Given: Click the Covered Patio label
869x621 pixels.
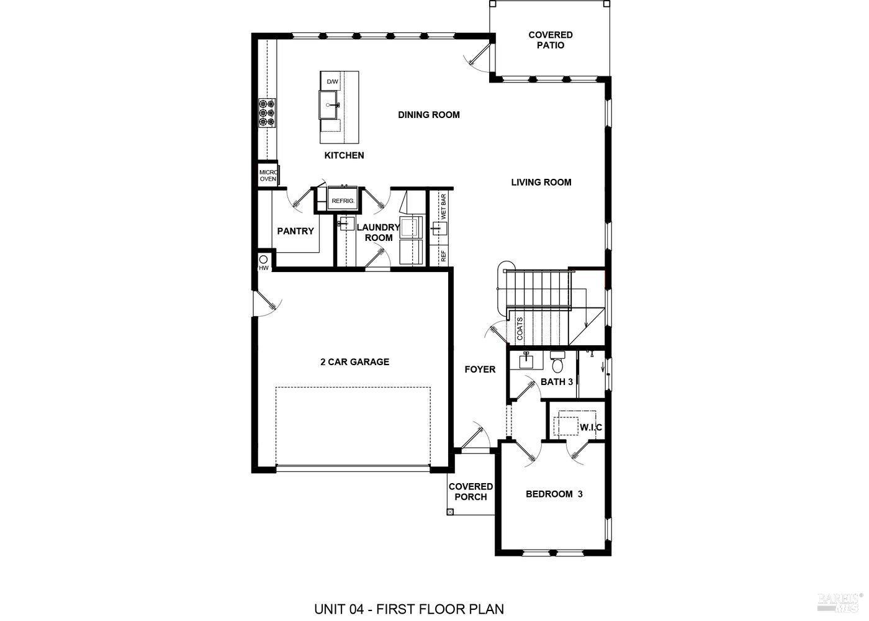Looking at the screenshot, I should (551, 40).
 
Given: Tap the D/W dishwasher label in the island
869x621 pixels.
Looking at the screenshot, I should (332, 82).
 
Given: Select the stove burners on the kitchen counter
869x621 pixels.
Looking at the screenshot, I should (268, 114).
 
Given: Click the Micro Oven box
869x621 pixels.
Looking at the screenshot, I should (268, 175).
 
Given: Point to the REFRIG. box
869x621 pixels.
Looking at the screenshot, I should (343, 201).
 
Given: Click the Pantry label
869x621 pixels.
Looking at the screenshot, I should (295, 231).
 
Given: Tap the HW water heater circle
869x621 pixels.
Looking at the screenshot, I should (263, 259).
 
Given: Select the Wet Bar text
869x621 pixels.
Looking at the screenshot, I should (443, 206).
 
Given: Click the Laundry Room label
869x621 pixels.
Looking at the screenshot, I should (378, 232).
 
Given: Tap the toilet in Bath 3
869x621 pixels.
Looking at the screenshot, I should (557, 360).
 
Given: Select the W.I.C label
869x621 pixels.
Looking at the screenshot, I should (590, 428).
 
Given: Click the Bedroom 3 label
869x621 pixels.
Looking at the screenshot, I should (554, 494).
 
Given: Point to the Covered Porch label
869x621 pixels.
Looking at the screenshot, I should (471, 491).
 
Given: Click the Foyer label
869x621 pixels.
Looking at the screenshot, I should (480, 369).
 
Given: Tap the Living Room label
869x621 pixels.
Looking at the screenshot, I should (541, 182).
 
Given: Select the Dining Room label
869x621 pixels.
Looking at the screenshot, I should (429, 114).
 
